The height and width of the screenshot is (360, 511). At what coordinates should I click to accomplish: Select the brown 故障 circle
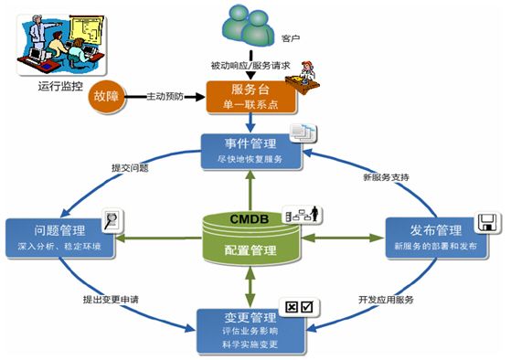[x=106, y=97]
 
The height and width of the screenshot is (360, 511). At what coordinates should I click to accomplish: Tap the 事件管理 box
[x=250, y=150]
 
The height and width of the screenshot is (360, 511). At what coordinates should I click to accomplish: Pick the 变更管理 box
[x=250, y=331]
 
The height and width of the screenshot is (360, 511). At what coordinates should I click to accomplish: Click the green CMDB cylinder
[x=250, y=235]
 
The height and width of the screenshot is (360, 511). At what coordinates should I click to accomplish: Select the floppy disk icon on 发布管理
[x=485, y=221]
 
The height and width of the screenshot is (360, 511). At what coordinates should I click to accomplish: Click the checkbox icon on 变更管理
[x=301, y=307]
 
